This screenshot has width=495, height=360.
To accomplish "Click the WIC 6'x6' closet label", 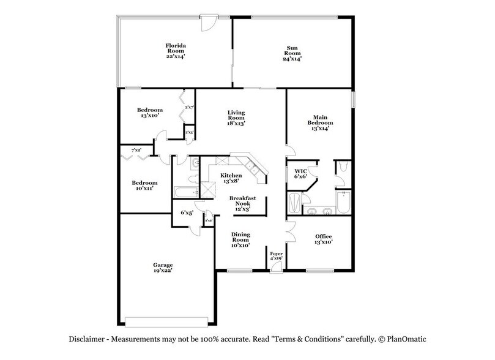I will pos(300,173).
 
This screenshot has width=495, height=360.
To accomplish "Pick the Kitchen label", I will pos(231,176).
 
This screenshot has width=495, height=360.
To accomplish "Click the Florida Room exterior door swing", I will pos(209,23).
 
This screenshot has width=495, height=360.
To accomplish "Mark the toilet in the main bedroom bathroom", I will pos(343,166).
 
